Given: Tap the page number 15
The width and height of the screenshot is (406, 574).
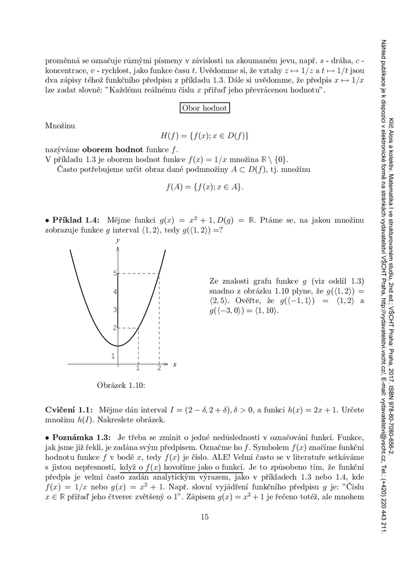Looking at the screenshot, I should click(x=204, y=533).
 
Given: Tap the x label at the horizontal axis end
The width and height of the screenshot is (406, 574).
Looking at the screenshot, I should click(x=175, y=364).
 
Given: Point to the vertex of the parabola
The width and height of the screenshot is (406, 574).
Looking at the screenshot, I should click(x=118, y=346).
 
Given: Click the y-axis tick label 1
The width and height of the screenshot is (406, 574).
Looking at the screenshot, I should click(x=113, y=356).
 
